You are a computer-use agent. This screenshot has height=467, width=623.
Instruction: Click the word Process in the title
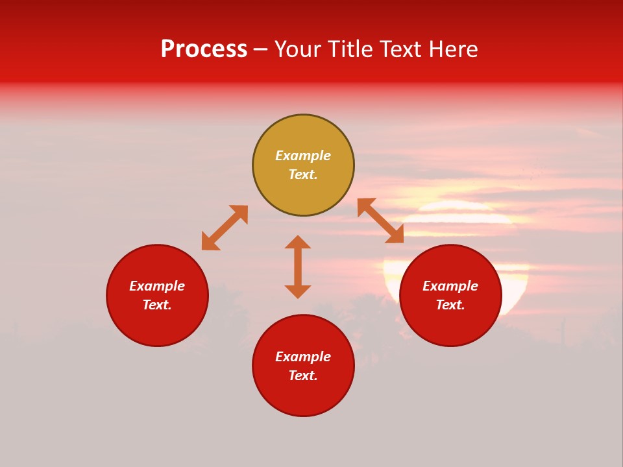[x=204, y=49]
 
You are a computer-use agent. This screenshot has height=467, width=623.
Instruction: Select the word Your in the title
[x=299, y=49]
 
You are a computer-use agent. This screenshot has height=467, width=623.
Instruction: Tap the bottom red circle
[x=303, y=396]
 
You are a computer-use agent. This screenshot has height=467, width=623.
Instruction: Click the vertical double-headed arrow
[x=298, y=267]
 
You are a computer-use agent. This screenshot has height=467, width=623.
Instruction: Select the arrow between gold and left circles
[x=225, y=228]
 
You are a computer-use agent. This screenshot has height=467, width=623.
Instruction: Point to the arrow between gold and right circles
[x=380, y=221]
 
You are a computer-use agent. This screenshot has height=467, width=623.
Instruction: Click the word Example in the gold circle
[x=303, y=156]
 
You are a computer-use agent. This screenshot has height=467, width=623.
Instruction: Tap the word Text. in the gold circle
[x=303, y=174]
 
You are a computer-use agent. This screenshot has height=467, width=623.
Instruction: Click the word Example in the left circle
[x=157, y=286]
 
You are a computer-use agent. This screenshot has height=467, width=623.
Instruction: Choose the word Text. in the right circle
[x=450, y=305]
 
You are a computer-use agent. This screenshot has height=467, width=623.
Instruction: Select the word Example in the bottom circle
[x=303, y=357]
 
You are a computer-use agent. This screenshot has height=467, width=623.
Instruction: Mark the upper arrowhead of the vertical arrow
[x=298, y=242]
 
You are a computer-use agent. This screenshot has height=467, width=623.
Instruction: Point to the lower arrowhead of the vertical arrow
[x=298, y=291]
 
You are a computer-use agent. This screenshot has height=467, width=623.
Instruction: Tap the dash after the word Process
[x=260, y=50]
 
